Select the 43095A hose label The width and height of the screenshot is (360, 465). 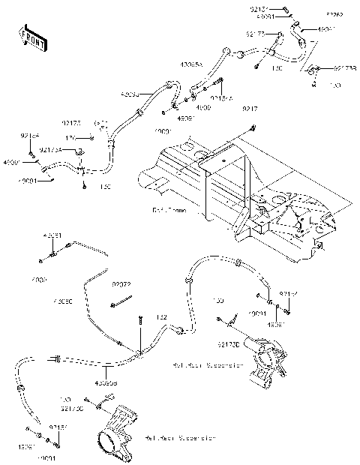point(190,65)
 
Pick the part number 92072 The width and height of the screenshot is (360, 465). point(122,285)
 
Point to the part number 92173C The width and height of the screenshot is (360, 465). point(71,409)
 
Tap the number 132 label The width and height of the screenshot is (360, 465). point(160,318)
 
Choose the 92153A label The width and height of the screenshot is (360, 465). point(220,97)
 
